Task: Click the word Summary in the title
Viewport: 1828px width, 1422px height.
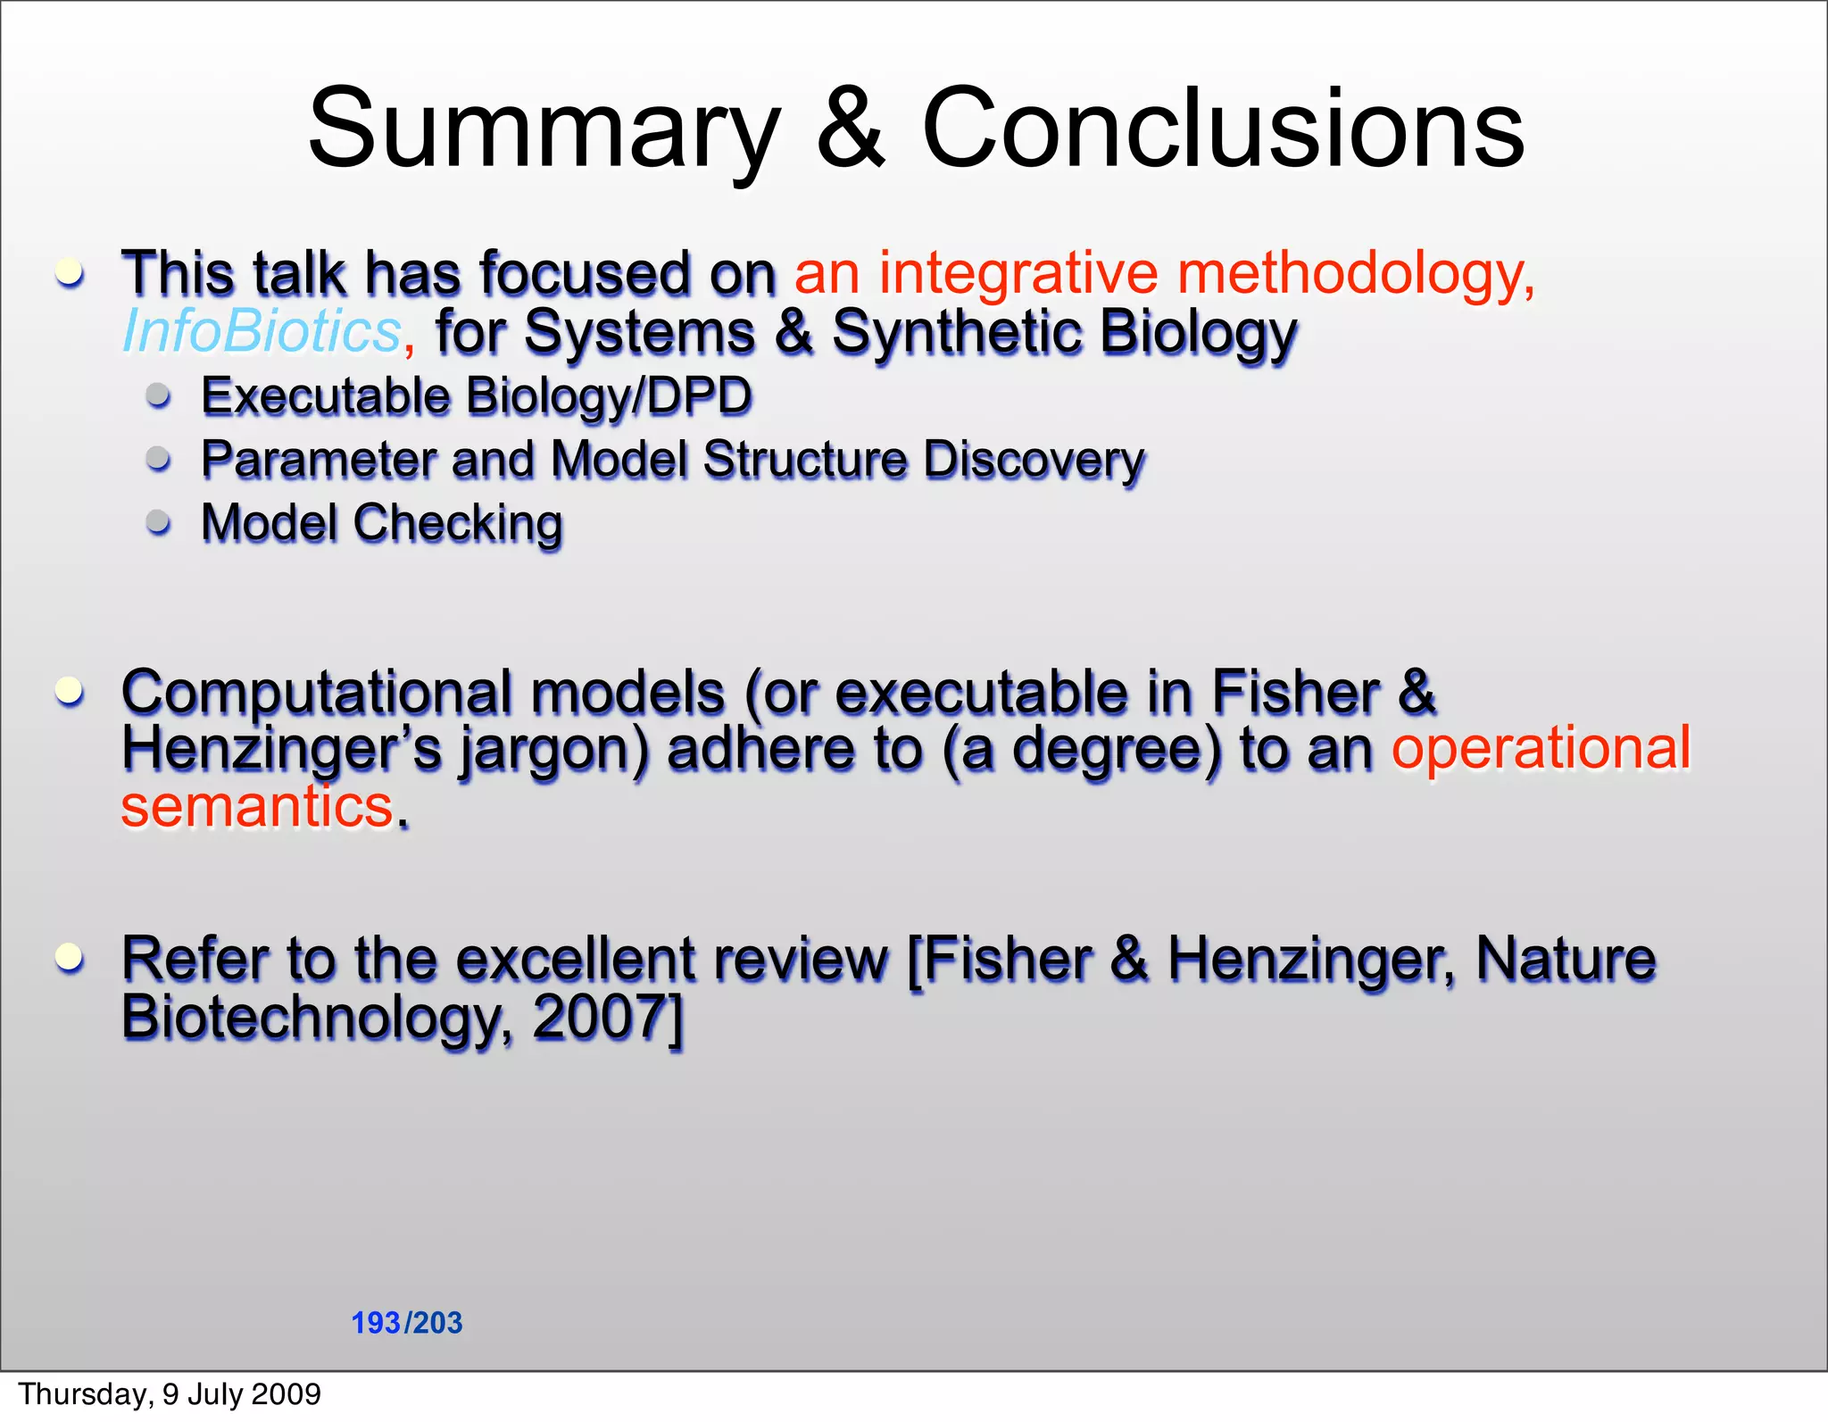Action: [544, 129]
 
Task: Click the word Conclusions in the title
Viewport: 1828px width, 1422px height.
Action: [1223, 129]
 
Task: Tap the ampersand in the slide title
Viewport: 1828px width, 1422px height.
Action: [851, 129]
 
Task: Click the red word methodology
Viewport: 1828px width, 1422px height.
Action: [1356, 273]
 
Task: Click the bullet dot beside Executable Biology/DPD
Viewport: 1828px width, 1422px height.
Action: [159, 395]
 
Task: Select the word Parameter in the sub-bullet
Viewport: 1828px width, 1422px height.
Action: [318, 461]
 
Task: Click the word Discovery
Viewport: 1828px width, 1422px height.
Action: [1034, 461]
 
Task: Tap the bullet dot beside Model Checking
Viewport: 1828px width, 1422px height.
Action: [159, 522]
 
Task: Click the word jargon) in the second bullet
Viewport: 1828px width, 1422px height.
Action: [553, 749]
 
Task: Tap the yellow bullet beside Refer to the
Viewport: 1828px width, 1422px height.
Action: [70, 958]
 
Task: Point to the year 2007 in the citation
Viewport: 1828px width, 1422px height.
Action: [599, 1017]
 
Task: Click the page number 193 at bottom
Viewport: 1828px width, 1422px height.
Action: [376, 1323]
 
